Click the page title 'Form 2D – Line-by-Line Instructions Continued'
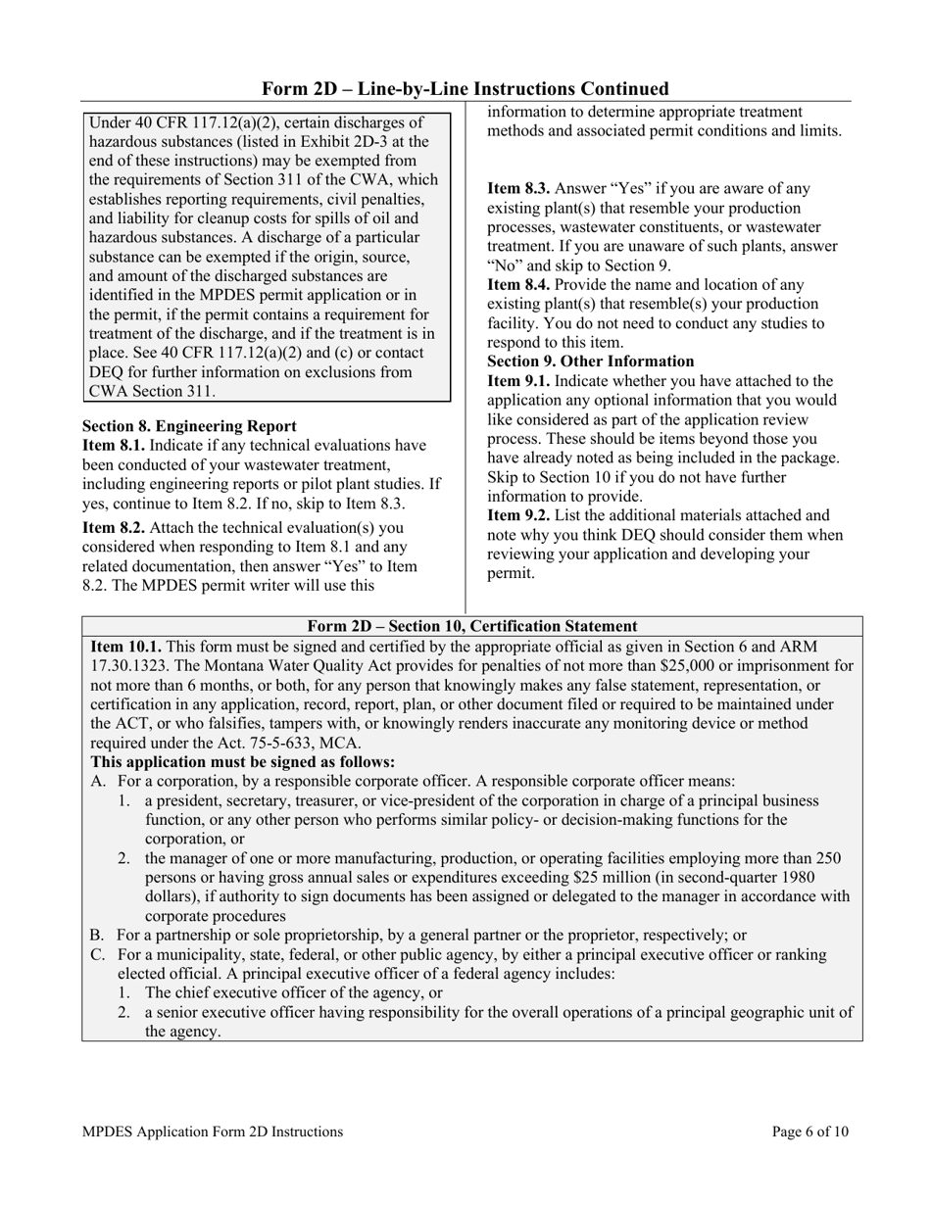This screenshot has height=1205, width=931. tap(465, 89)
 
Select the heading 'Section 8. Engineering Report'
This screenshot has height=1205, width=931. tap(189, 426)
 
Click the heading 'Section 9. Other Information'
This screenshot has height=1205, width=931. tap(590, 361)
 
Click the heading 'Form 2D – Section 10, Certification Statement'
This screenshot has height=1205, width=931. tap(472, 626)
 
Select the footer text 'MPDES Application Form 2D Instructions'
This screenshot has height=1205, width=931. tap(213, 1132)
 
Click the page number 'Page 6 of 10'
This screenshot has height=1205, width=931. tap(810, 1132)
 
